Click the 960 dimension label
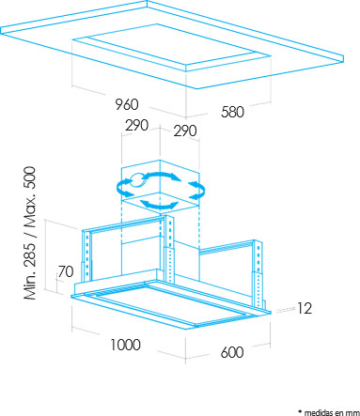127,104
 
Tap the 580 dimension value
232,112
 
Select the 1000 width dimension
125,345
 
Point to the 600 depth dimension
232,352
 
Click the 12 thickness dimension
305,308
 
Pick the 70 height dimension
66,271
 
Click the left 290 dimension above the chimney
137,125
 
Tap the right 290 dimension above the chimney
185,131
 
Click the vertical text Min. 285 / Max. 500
30,233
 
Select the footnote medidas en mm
329,412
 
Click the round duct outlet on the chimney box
136,180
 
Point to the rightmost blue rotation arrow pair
197,189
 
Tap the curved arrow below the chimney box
159,206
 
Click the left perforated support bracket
86,255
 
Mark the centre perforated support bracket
169,250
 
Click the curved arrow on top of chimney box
162,175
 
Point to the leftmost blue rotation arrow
123,189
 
